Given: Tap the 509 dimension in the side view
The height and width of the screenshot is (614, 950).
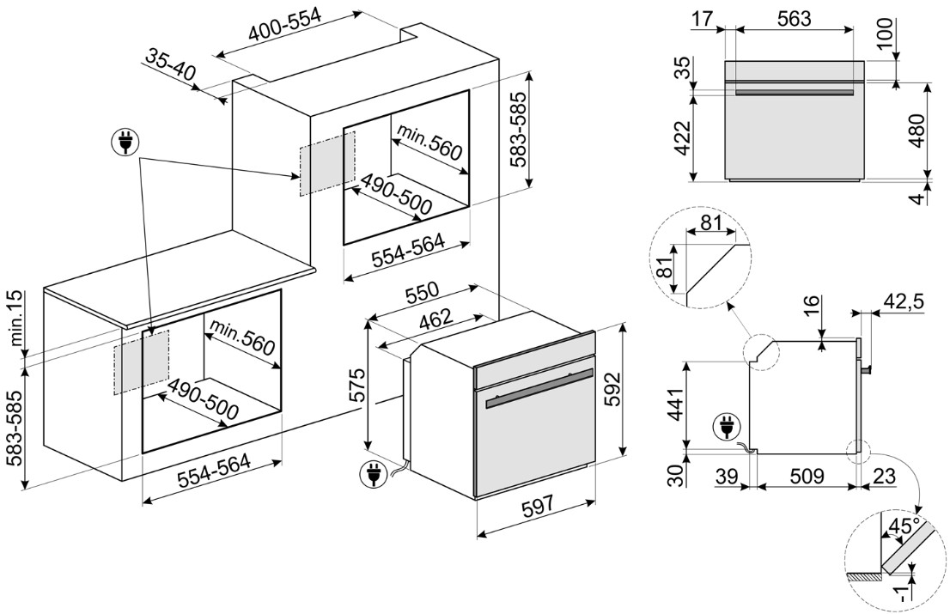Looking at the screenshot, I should [807, 474].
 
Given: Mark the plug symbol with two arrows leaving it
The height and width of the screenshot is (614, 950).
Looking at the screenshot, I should [125, 143].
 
